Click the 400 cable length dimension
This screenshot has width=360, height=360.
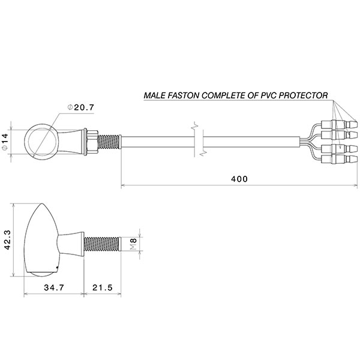(238, 179)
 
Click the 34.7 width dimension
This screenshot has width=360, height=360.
(52, 287)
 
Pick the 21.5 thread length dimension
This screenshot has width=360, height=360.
(103, 287)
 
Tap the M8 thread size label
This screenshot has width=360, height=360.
(134, 244)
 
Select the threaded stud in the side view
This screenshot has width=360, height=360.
(104, 244)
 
